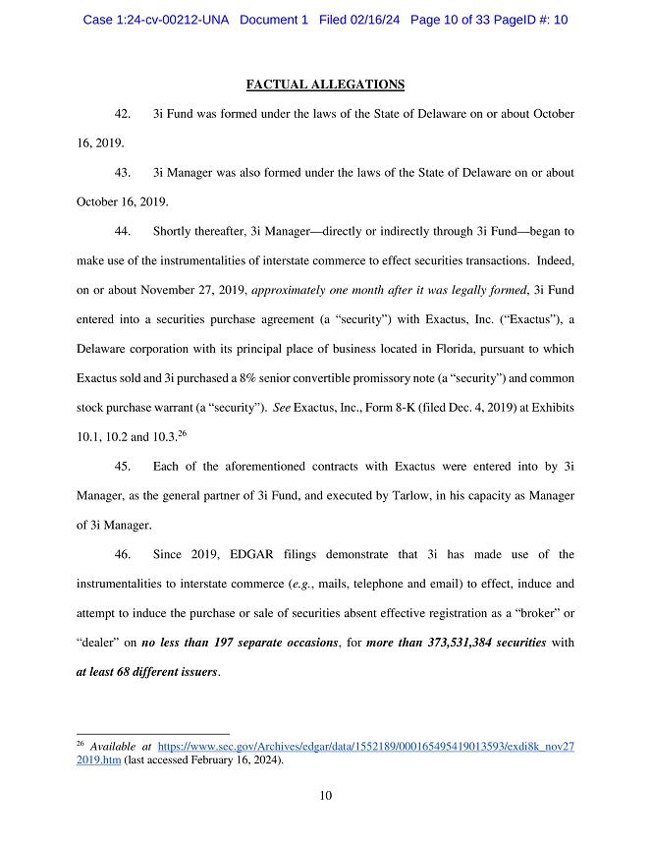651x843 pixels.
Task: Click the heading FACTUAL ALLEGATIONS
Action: (x=325, y=85)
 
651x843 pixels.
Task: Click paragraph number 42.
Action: (x=124, y=114)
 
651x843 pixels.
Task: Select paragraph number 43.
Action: (x=124, y=173)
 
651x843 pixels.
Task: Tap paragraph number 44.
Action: (x=124, y=232)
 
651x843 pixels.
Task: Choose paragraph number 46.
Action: (x=124, y=555)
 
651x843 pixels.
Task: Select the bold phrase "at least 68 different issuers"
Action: (x=148, y=673)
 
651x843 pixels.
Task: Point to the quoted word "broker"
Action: (x=539, y=614)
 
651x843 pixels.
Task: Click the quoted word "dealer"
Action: (x=100, y=644)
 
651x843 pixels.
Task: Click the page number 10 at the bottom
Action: (x=325, y=796)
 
